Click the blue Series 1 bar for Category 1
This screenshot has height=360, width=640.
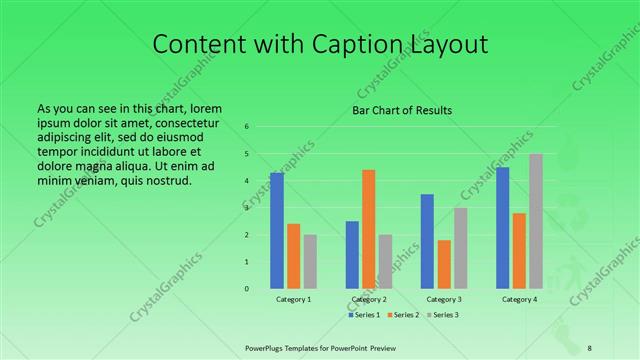point(277,231)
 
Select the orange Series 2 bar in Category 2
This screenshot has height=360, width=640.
point(369,229)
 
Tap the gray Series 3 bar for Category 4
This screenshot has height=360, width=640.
point(536,221)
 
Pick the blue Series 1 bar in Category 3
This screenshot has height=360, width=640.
point(427,241)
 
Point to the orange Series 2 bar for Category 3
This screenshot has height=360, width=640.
point(444,264)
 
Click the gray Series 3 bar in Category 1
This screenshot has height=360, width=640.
point(310,262)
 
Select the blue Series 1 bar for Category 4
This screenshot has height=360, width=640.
point(503,228)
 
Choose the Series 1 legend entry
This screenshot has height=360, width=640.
point(364,315)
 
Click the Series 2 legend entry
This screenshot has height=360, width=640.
point(403,315)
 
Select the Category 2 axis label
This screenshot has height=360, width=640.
point(369,299)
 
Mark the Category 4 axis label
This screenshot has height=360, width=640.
point(519,299)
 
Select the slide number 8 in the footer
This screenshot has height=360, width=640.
point(590,346)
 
